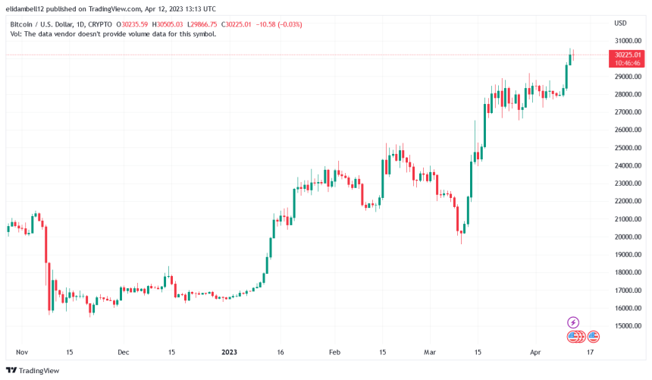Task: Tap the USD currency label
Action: coord(620,23)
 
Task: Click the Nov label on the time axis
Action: coord(22,352)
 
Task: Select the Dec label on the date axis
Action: coord(124,352)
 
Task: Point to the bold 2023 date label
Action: coord(229,352)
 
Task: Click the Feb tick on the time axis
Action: coord(334,352)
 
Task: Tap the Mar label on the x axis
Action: coord(430,352)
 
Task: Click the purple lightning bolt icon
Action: coord(573,322)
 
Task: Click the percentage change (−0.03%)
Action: coord(289,24)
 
